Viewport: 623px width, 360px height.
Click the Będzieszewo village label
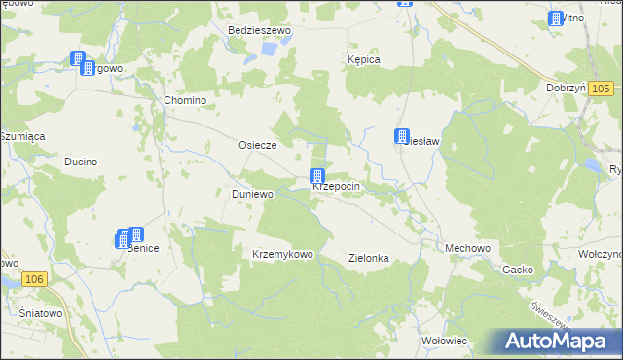259,31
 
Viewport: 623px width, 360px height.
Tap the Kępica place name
363,59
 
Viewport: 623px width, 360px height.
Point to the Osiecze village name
258,145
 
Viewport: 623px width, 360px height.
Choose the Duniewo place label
252,194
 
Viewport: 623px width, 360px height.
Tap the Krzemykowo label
282,254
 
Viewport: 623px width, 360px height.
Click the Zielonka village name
369,258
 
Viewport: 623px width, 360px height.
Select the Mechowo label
467,248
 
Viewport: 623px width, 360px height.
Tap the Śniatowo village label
41,314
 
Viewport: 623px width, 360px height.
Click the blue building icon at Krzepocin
317,176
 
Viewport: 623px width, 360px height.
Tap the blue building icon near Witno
556,18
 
